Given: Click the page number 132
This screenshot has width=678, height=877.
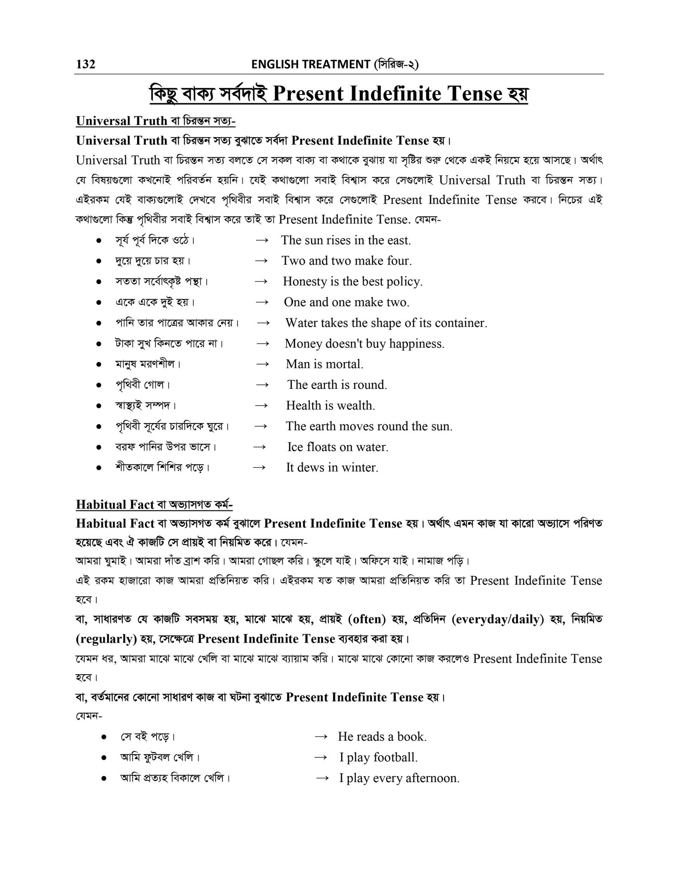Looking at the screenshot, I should tap(86, 64).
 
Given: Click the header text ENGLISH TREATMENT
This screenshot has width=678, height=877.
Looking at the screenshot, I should tap(310, 64).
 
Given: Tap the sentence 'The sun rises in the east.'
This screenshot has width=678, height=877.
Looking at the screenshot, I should tap(346, 241).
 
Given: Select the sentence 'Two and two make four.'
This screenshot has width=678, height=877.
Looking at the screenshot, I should tap(347, 261).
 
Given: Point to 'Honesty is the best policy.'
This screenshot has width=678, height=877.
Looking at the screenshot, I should tap(353, 282).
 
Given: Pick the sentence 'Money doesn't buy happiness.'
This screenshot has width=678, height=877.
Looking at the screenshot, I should tap(364, 343).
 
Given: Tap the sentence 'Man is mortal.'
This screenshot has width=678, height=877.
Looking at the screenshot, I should tap(325, 364).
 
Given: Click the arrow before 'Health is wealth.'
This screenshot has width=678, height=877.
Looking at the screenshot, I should tap(262, 406).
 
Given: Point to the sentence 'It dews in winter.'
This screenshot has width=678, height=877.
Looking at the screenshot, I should tap(332, 468).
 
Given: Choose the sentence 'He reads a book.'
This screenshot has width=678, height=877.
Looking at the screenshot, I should tap(382, 737).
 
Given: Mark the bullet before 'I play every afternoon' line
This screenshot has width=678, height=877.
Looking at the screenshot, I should tap(104, 778).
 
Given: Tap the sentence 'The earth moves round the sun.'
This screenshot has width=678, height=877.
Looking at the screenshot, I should tap(369, 426).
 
